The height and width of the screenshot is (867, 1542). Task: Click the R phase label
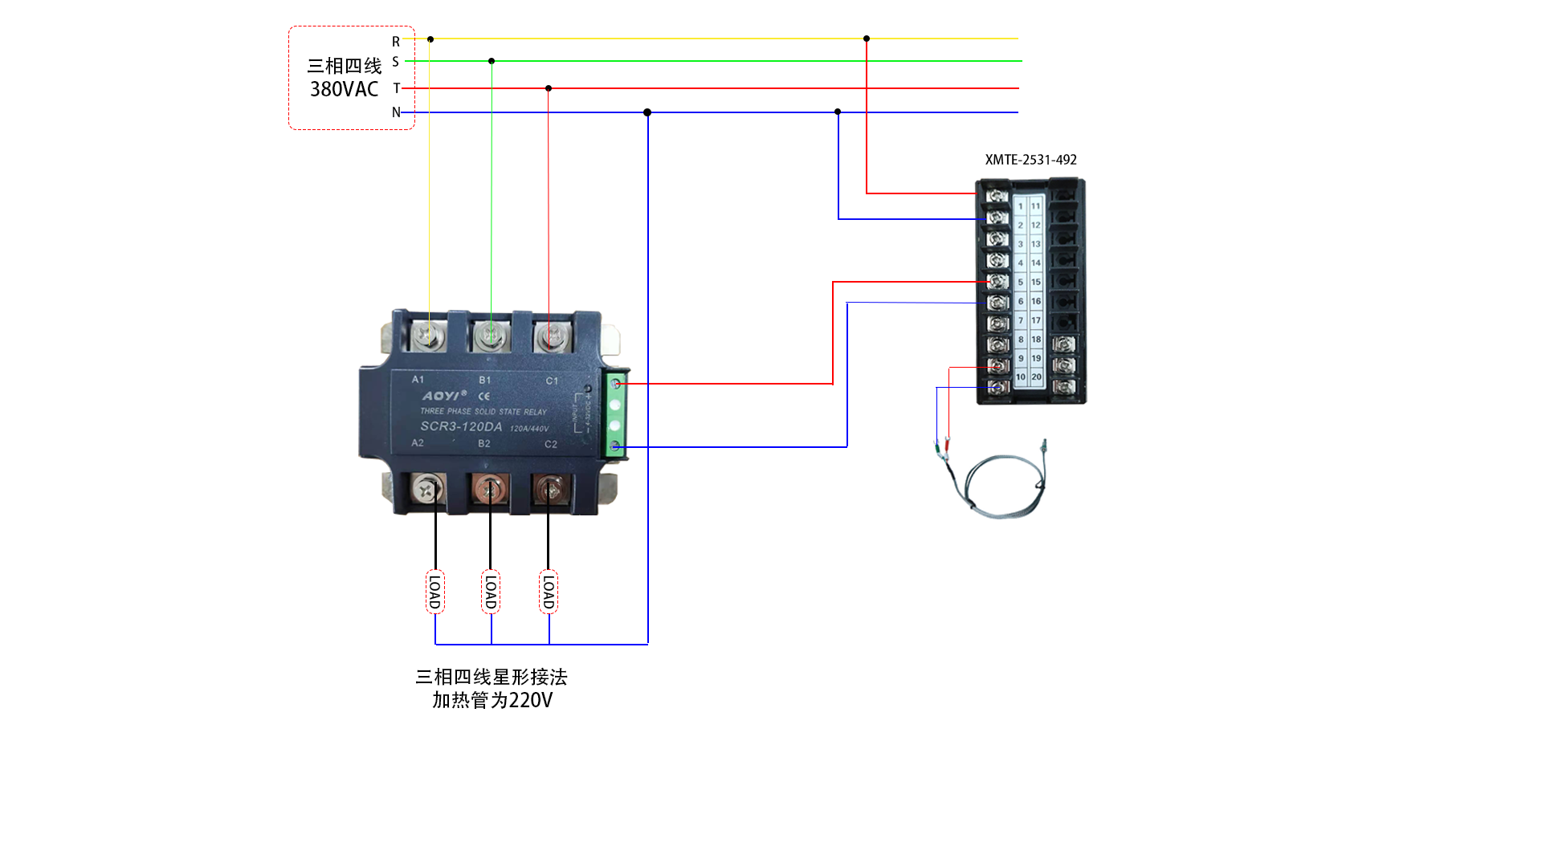[x=396, y=42]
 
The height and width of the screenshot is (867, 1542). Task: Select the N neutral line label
[x=396, y=112]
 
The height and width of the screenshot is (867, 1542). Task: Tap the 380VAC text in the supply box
[x=344, y=89]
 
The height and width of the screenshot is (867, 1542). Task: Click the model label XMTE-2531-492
[x=1030, y=160]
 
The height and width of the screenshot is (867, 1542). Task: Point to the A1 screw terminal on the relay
[x=429, y=335]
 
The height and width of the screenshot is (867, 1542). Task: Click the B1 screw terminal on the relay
[x=491, y=335]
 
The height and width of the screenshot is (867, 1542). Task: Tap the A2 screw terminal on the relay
[x=427, y=487]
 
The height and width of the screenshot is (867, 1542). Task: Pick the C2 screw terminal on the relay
[x=550, y=487]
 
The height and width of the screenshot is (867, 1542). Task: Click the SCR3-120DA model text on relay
[x=461, y=426]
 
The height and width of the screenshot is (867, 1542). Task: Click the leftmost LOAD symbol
[x=435, y=592]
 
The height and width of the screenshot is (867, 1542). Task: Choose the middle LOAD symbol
[x=491, y=592]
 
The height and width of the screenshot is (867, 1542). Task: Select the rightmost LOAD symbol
[x=549, y=592]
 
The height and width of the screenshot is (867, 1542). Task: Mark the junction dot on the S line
[x=492, y=61]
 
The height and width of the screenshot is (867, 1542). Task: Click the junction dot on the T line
[x=549, y=88]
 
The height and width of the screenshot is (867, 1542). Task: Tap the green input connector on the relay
[x=615, y=415]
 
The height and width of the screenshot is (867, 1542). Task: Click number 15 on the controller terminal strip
[x=1036, y=282]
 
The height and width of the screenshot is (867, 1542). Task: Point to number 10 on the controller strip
[x=1021, y=377]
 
